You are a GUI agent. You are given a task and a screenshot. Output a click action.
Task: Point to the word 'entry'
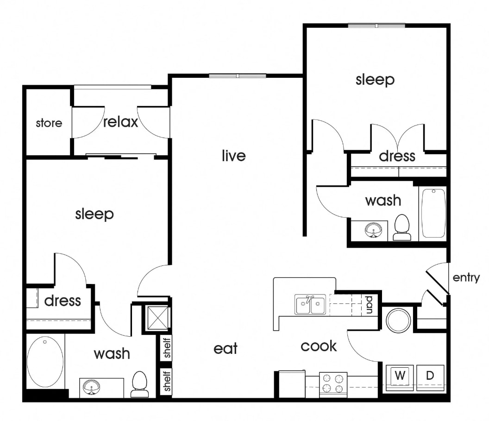tap(466, 278)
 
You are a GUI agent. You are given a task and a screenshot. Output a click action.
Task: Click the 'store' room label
tap(49, 123)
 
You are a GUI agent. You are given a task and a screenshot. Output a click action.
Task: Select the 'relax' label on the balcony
tap(120, 122)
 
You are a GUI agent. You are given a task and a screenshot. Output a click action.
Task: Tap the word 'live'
tap(233, 156)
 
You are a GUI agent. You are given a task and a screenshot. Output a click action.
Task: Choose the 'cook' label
tap(319, 346)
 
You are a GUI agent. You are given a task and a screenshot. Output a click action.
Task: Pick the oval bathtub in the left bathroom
tap(45, 362)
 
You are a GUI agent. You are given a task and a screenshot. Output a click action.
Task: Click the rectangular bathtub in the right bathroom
tap(433, 213)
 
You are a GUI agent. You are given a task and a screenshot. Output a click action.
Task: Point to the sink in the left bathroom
tap(91, 387)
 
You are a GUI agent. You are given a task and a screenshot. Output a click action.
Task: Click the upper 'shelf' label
tap(167, 348)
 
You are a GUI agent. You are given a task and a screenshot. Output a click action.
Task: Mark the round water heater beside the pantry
tap(398, 320)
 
